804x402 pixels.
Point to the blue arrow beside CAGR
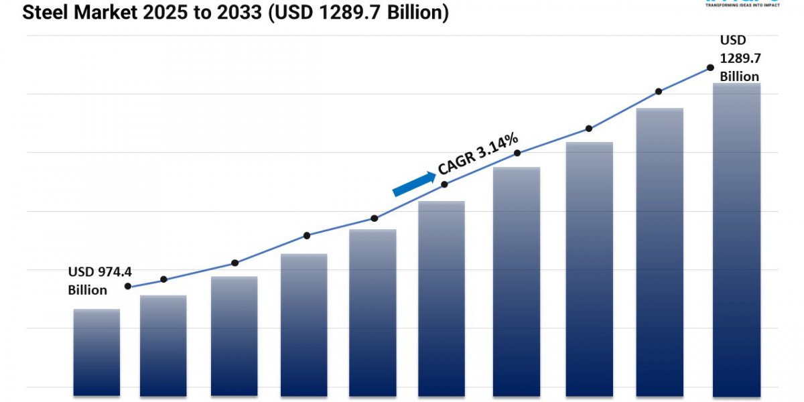coord(413,184)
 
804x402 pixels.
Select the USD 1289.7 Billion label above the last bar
coord(739,58)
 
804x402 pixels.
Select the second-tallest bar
coord(660,251)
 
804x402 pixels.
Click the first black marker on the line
coord(128,287)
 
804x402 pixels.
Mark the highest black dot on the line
coord(710,68)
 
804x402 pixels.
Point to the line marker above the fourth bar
coord(307,235)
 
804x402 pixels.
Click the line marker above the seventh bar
coord(517,153)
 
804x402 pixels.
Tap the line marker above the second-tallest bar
coord(659,91)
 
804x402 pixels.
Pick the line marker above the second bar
coord(164,279)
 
